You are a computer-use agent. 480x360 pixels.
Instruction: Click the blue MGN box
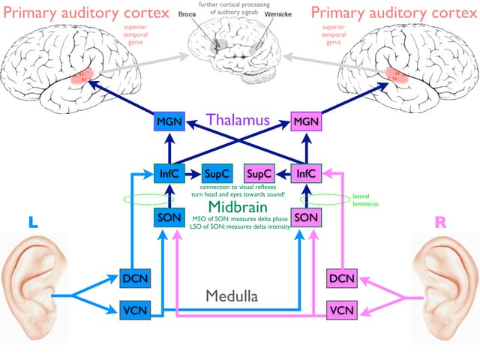(166, 121)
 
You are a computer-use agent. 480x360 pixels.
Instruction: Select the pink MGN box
(305, 121)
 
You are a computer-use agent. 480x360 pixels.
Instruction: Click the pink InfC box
(306, 172)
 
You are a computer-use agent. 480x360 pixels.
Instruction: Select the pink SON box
(306, 218)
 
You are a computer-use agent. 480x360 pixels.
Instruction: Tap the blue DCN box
(135, 279)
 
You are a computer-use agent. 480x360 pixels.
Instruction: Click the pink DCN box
(342, 279)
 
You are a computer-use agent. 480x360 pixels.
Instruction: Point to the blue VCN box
(135, 308)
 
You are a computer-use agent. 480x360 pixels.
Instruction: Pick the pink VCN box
(342, 308)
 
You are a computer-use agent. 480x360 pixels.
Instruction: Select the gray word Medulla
(232, 296)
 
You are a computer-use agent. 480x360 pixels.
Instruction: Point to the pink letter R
(442, 223)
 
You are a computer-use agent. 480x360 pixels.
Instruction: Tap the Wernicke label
(279, 15)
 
